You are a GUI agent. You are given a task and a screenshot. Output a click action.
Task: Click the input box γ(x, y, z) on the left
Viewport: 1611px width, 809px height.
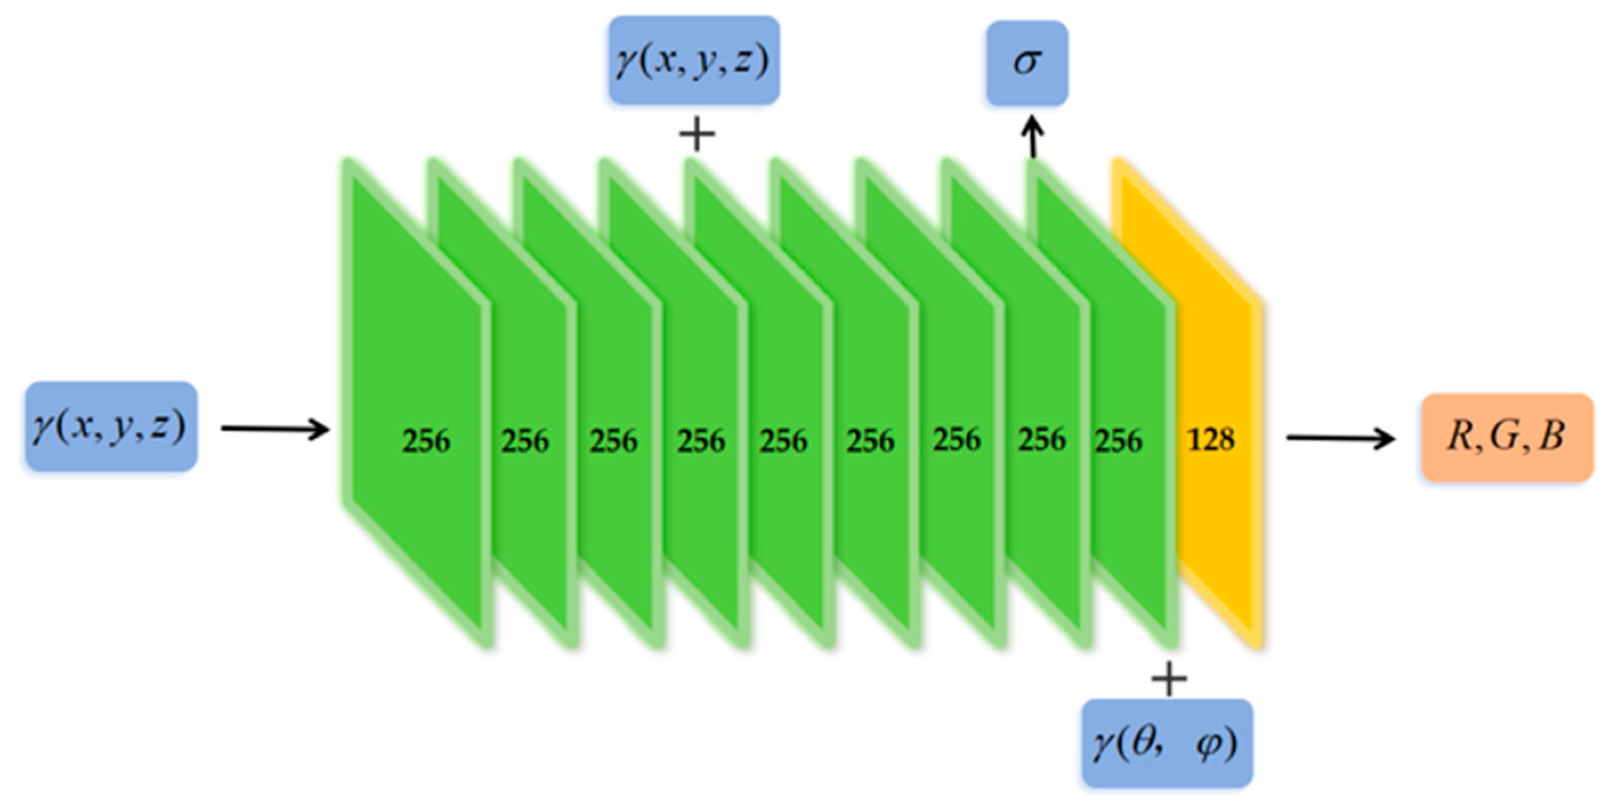111,426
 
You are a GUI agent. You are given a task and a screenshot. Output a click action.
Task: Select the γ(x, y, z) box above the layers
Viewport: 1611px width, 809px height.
694,60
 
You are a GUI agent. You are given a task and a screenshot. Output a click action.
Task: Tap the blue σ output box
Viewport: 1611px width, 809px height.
1027,63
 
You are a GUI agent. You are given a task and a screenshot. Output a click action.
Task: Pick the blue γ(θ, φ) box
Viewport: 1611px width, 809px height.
1167,743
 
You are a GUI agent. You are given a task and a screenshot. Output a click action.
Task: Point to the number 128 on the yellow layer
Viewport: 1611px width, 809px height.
1211,441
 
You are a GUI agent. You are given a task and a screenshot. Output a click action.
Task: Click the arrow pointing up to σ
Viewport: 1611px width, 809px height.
1033,139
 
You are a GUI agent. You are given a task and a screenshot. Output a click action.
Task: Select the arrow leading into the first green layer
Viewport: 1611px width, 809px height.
275,429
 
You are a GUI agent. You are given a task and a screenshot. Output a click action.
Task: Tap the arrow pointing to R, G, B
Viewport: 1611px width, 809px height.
1339,438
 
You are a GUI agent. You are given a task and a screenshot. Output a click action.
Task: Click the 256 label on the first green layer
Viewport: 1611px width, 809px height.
426,441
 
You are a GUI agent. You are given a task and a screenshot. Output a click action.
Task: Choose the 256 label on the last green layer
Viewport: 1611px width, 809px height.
1118,441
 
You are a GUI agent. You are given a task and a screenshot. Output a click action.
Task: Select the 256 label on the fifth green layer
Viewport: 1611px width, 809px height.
784,441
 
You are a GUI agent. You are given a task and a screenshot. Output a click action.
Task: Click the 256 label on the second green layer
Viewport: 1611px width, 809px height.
525,441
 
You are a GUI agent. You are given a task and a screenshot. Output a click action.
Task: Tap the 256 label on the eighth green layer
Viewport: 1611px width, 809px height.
1041,440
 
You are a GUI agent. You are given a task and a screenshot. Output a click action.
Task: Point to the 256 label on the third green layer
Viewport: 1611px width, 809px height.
613,441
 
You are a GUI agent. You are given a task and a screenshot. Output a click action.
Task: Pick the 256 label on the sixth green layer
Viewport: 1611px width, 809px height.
871,441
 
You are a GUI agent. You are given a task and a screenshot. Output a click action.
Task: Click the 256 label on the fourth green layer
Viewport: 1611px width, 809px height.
701,441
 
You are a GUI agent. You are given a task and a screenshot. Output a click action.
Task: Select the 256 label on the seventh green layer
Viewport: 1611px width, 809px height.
957,440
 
